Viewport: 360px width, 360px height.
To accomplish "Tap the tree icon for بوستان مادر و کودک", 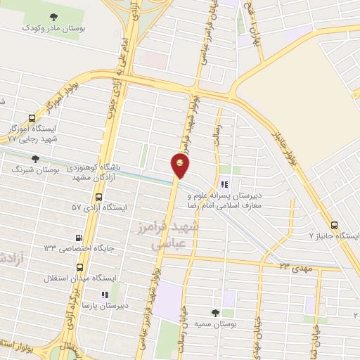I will click(x=55, y=16).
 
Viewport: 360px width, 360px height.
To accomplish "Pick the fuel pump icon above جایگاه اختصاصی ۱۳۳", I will click(x=79, y=238).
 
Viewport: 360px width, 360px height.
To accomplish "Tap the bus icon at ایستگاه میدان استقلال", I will click(x=79, y=267).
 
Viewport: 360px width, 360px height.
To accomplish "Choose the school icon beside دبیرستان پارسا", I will click(x=103, y=295).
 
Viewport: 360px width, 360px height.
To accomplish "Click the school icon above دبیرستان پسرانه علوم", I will click(x=224, y=184).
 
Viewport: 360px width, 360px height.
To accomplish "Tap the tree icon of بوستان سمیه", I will click(x=215, y=312).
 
